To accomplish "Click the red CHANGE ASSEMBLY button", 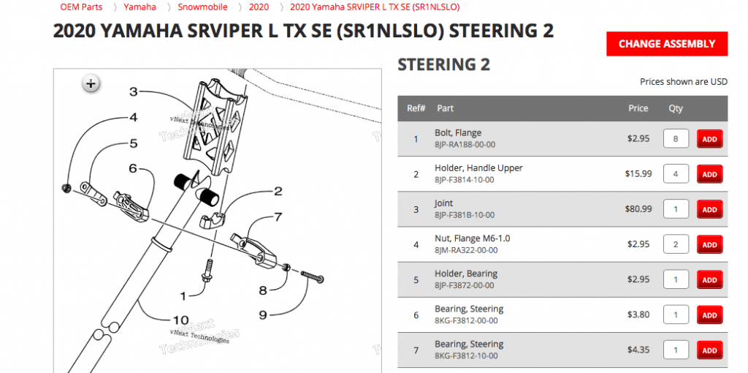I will (666, 44).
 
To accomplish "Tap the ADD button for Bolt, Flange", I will (709, 139).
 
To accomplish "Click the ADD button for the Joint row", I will (709, 209).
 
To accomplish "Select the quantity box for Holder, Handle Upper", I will (676, 174).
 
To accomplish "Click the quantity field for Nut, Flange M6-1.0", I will (676, 244).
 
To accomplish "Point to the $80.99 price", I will (637, 209).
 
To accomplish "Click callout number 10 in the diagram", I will (180, 320).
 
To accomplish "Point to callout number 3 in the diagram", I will (134, 91).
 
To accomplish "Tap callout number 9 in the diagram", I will (262, 315).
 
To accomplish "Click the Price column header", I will (638, 108).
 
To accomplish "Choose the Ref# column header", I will (416, 108).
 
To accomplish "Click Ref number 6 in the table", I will (416, 314).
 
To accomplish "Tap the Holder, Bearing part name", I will (465, 274).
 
